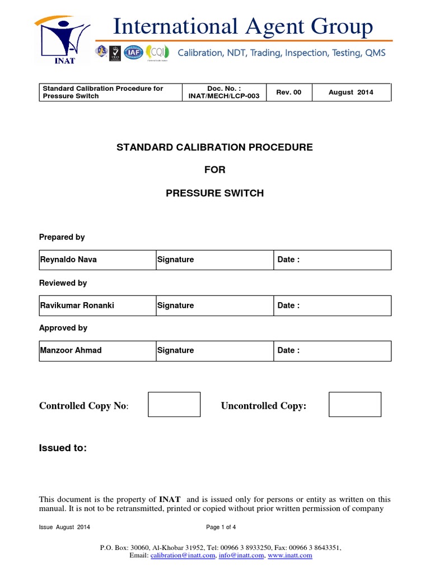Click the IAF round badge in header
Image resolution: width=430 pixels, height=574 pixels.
click(x=133, y=52)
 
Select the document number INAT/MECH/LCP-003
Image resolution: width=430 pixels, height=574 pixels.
click(x=216, y=96)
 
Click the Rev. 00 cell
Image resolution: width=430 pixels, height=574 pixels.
click(x=289, y=92)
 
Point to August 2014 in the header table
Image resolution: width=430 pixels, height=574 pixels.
click(x=350, y=92)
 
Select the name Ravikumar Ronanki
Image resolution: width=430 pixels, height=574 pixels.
click(x=69, y=305)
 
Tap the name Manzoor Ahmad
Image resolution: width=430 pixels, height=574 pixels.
click(x=63, y=350)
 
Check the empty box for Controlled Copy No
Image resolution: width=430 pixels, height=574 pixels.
click(x=174, y=404)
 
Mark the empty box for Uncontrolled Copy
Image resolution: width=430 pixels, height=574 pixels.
click(x=355, y=404)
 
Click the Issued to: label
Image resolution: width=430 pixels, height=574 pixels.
click(x=63, y=448)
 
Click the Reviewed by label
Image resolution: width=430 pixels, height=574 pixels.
click(x=63, y=283)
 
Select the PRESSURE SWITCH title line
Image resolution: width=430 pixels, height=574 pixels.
click(x=214, y=193)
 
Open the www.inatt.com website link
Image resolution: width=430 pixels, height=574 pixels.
click(x=290, y=556)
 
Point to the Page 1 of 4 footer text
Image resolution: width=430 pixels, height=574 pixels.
click(x=221, y=527)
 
